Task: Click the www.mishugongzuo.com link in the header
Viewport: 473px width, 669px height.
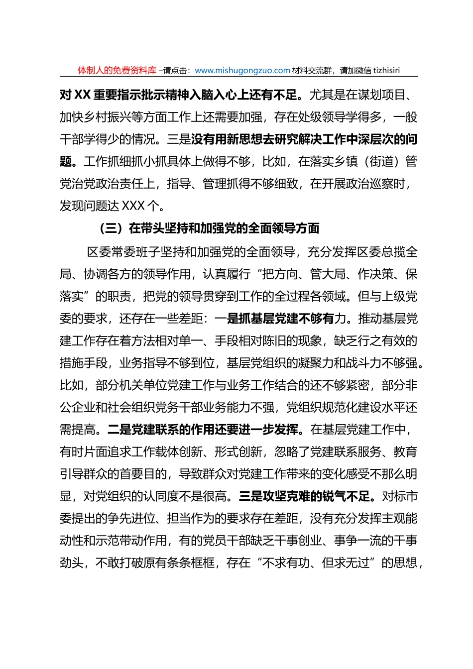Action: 242,71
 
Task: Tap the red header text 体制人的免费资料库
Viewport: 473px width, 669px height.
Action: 117,71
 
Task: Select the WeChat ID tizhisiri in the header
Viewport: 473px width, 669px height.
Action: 383,71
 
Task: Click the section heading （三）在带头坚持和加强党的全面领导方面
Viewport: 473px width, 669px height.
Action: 209,228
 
